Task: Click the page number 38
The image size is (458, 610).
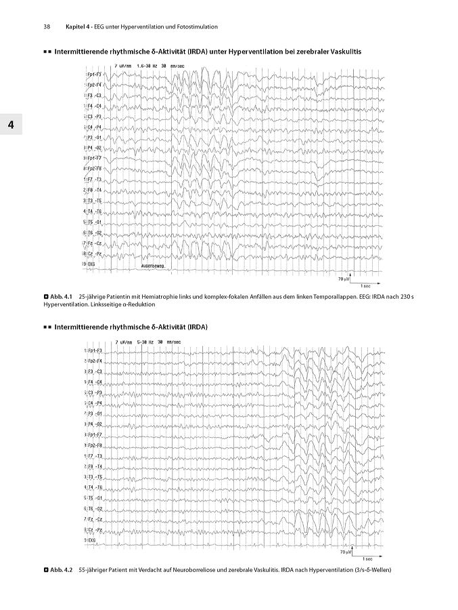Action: click(47, 26)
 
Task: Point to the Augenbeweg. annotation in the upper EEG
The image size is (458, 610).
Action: click(154, 266)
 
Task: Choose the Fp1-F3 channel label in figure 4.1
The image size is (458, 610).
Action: click(93, 74)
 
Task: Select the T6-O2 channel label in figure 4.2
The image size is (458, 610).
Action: click(93, 508)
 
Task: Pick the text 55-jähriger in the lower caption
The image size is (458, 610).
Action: click(93, 569)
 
